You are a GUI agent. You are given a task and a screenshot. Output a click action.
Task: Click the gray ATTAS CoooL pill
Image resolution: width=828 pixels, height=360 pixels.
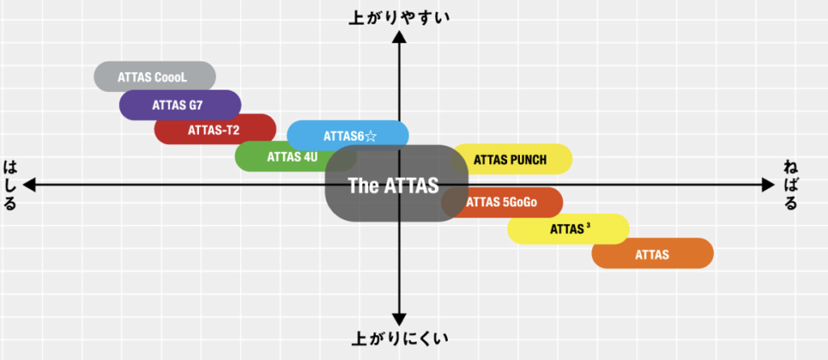[154, 78]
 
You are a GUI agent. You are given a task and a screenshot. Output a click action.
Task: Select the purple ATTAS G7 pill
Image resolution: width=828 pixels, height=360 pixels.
[180, 105]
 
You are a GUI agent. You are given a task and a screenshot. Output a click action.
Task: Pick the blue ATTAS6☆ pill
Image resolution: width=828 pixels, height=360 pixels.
[348, 135]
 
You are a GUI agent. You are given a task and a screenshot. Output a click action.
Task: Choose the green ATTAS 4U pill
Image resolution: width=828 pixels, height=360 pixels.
[275, 157]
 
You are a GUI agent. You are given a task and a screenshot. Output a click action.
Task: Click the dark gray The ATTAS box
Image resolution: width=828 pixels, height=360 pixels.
[393, 185]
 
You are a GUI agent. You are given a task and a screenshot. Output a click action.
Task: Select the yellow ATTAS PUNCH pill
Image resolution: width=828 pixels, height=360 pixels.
[511, 159]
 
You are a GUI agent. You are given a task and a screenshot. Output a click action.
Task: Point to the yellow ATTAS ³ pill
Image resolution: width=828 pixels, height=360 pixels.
[568, 229]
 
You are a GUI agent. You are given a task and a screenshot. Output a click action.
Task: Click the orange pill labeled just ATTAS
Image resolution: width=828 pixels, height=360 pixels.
[653, 254]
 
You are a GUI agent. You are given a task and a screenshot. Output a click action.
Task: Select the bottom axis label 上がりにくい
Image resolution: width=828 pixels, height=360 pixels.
[398, 337]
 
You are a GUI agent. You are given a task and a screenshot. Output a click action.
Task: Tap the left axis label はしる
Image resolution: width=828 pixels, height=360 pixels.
[10, 185]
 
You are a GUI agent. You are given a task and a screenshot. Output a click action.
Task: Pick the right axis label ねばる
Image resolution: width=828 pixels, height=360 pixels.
[790, 185]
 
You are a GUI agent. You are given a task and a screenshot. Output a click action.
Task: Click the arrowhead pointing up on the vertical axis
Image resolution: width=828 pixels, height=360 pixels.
[398, 37]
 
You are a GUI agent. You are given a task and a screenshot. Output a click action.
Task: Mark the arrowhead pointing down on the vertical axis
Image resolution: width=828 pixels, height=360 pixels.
[398, 317]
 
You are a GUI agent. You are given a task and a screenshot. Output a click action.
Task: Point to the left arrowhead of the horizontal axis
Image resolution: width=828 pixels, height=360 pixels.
[29, 185]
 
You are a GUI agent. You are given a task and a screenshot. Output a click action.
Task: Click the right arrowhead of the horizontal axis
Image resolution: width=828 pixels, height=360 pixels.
[769, 185]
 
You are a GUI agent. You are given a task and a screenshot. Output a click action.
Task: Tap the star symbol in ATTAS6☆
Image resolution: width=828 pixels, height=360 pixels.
[370, 136]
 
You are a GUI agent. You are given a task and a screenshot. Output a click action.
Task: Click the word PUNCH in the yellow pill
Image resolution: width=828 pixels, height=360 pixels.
[527, 159]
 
